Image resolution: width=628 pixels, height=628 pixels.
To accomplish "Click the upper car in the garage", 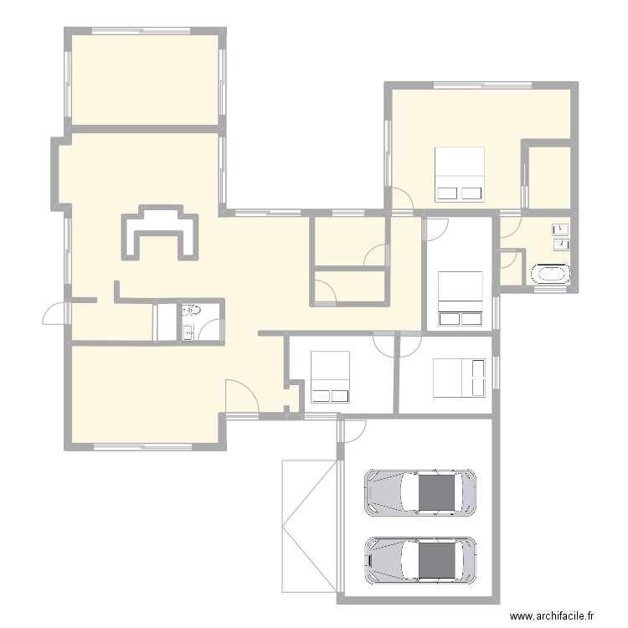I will pos(420,492).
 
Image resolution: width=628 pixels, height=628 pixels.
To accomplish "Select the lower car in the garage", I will pos(420,559).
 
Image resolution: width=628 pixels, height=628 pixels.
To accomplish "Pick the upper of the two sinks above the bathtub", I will pos(561,229).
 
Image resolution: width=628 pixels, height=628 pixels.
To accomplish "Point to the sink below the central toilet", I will pos(190,332).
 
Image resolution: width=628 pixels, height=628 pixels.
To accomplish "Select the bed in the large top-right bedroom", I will pos(460,174).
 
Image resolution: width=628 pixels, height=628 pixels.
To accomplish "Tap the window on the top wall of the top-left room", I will pos(144,32).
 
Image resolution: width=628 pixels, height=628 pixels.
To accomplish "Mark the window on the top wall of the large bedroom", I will pos(481,85).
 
